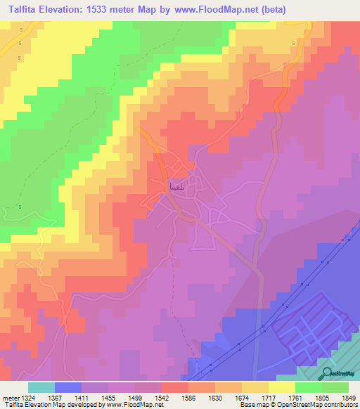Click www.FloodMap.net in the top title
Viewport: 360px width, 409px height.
214,11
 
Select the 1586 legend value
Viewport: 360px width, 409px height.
188,398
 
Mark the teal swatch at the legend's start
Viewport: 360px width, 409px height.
41,387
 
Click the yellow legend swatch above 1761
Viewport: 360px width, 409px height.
281,387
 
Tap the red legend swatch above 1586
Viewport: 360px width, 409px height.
174,387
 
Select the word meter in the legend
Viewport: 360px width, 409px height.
13,398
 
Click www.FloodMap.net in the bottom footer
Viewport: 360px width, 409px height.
134,405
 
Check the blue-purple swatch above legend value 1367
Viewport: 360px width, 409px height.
67,387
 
